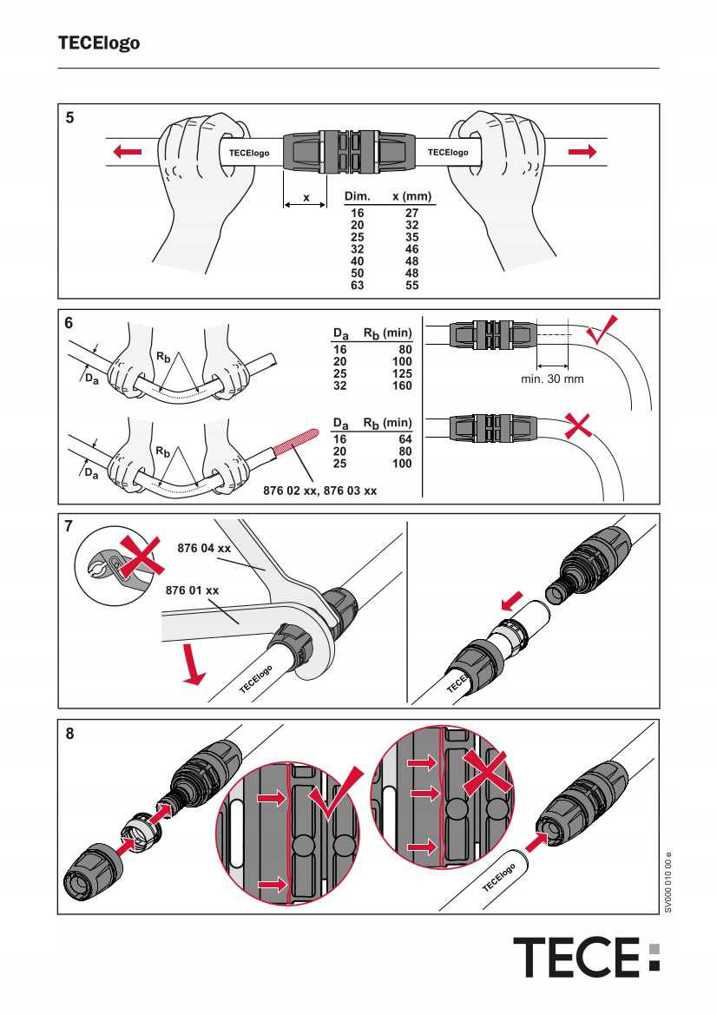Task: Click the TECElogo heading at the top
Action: (x=99, y=43)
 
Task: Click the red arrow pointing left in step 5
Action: (x=126, y=153)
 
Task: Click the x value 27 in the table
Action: (x=411, y=211)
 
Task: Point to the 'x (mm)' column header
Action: (x=412, y=197)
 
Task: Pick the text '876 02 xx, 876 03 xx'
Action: (x=320, y=491)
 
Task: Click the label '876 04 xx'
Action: (x=204, y=550)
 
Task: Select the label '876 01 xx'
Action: (x=192, y=591)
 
